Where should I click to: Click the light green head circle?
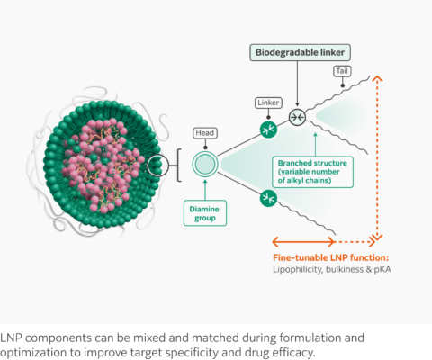(x=204, y=165)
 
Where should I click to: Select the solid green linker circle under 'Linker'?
(x=268, y=130)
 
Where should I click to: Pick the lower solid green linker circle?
(x=268, y=198)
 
